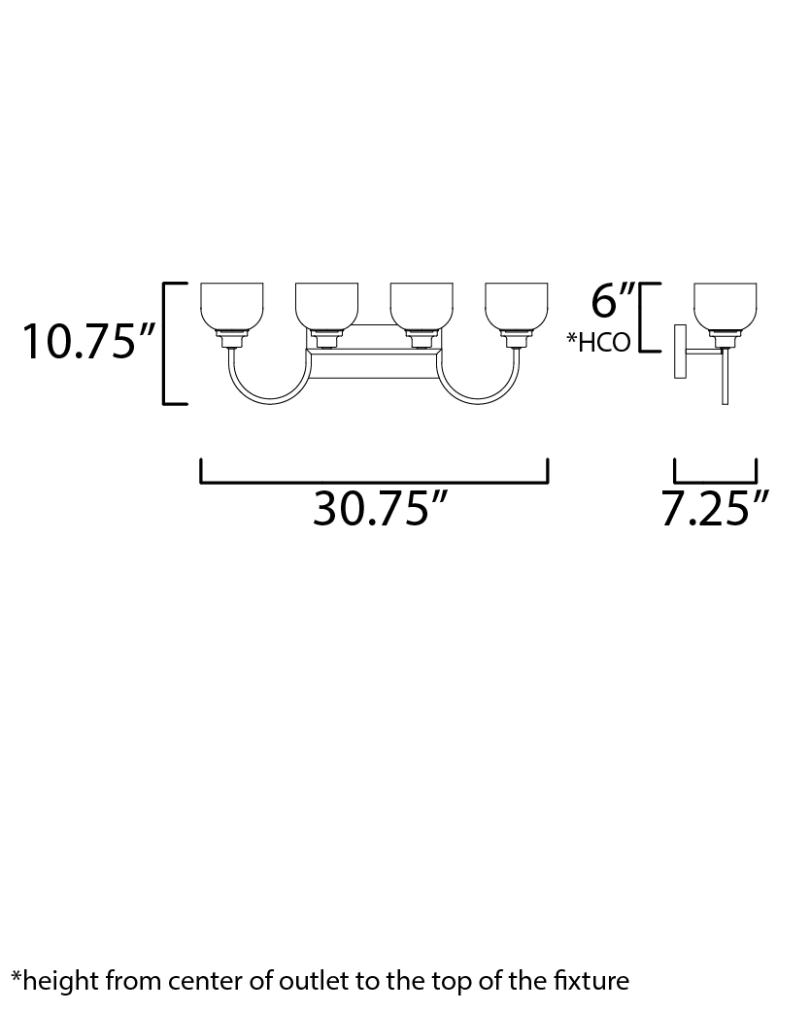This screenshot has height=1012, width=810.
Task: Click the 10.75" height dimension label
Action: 88,341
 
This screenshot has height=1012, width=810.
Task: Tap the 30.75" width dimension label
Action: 380,508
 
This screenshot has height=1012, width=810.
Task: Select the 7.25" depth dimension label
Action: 715,508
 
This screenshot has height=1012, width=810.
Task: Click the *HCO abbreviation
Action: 598,342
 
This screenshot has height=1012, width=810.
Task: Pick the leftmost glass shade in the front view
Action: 232,307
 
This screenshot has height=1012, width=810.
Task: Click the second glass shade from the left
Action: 326,307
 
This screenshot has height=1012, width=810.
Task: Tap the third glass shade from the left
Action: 422,307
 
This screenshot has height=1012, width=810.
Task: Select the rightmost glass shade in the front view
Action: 517,307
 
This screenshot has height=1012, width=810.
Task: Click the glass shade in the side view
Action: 725,307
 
